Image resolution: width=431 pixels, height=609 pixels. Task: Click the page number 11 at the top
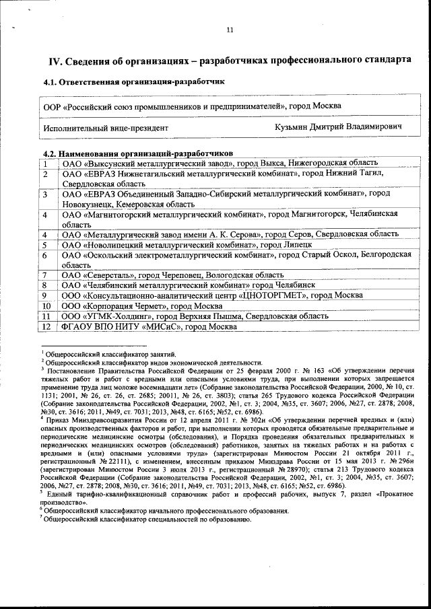coord(229,30)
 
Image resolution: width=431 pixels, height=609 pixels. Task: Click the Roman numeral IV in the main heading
coord(55,62)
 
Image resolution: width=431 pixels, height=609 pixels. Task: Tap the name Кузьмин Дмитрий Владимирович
coord(339,127)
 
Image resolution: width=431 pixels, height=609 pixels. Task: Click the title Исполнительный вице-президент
coord(106,127)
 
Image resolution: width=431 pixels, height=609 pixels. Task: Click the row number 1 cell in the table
coord(45,163)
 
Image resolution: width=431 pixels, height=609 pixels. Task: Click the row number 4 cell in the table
coord(45,215)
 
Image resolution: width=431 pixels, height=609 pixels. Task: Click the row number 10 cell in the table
coord(46,306)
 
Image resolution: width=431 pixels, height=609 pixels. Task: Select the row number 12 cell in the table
coord(46,326)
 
